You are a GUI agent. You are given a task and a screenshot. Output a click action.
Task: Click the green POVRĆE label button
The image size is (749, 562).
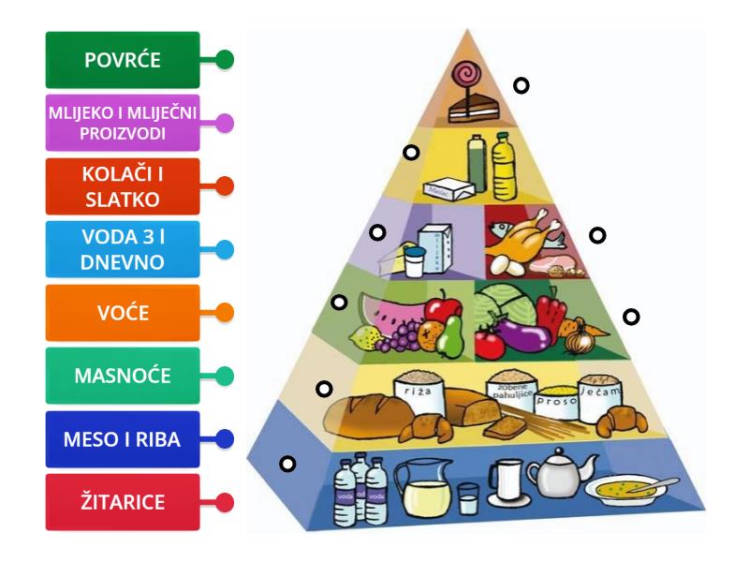tap(123, 60)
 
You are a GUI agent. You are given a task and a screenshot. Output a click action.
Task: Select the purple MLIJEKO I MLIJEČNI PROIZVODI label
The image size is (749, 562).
tap(123, 123)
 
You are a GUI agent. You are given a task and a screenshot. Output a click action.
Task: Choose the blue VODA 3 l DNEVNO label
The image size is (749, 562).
tap(123, 249)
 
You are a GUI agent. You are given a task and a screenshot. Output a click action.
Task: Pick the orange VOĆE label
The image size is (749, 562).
tap(123, 312)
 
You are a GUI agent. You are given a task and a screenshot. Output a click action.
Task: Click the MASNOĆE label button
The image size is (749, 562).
tap(123, 376)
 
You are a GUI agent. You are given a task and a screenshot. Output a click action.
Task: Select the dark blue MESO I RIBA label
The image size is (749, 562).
tap(123, 438)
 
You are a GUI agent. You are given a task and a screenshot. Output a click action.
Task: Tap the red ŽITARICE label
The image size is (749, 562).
tap(123, 502)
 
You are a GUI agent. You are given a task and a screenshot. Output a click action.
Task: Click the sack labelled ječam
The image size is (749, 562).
tap(600, 395)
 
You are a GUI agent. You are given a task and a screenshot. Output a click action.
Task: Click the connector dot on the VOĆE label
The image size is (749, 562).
tap(224, 312)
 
